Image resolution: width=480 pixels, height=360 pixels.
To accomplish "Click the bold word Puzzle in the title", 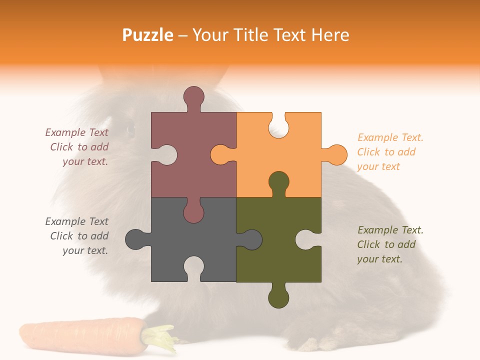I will (148, 35).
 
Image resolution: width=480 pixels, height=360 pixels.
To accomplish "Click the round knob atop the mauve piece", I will (193, 96).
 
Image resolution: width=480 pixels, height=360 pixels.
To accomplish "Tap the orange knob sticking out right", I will (336, 154).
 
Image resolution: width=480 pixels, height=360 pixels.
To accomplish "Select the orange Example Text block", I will (390, 152).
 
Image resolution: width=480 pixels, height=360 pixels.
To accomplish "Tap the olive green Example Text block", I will (390, 244).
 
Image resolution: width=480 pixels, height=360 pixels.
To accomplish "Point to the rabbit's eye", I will (131, 129).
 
